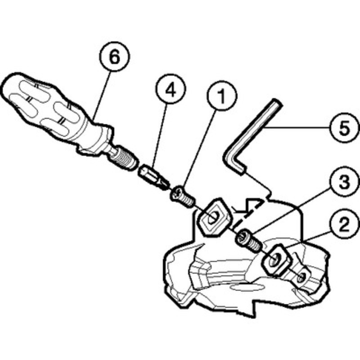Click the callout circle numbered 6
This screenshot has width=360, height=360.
[x=115, y=57]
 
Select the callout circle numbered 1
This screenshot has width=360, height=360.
[x=221, y=96]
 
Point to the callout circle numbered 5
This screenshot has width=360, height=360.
[x=344, y=128]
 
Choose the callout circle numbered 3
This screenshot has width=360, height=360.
[x=344, y=183]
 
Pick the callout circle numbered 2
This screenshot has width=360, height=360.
[x=344, y=225]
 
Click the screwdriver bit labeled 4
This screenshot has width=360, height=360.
[x=154, y=177]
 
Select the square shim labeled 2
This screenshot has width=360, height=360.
[x=276, y=260]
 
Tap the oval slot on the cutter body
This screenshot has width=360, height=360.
[x=247, y=287]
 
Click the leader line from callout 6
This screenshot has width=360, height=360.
[x=102, y=94]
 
